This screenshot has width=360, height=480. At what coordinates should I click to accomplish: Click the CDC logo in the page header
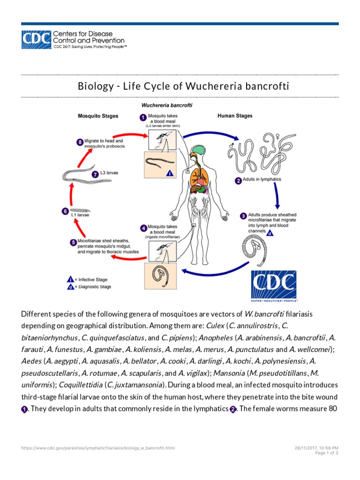[x=36, y=40]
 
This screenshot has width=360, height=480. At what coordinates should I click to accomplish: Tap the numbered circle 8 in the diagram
[x=80, y=142]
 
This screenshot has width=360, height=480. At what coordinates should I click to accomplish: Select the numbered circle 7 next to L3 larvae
[x=95, y=173]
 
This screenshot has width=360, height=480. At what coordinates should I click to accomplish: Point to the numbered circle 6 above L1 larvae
[x=65, y=211]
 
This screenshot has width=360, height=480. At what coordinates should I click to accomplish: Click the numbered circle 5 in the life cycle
[x=73, y=242]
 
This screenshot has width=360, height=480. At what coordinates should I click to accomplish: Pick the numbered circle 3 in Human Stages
[x=243, y=216]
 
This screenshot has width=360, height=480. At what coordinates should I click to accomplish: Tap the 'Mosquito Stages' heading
[x=97, y=116]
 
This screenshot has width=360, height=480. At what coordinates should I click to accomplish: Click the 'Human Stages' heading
[x=235, y=116]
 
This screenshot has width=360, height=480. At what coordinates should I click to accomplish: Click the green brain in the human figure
[x=200, y=151]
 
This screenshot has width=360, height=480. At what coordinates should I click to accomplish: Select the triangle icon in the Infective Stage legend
[x=70, y=279]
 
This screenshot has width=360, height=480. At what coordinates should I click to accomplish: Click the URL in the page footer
[x=98, y=448]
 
